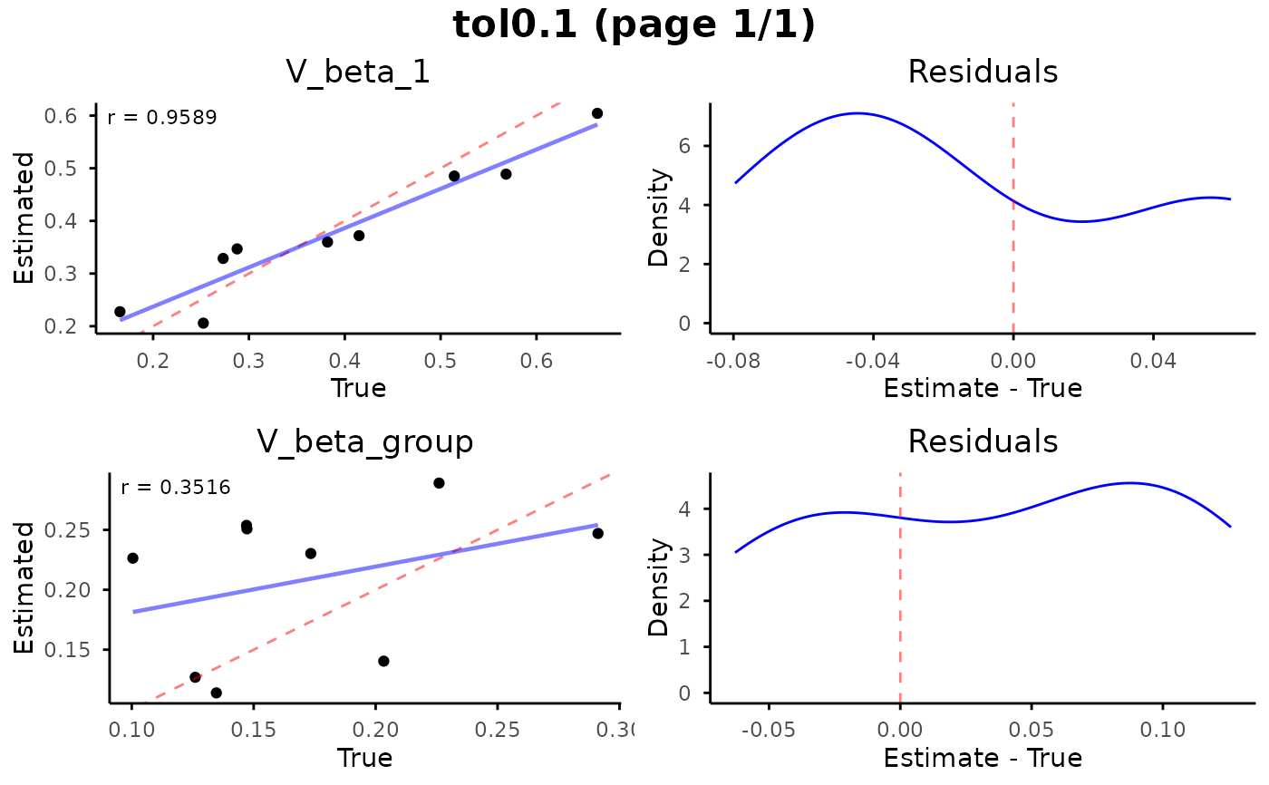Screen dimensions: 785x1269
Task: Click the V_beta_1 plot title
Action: pos(357,72)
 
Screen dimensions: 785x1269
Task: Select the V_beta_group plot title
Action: pos(365,441)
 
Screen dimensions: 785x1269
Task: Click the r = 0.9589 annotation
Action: pos(162,118)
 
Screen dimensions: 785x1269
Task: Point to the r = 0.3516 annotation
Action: pos(176,488)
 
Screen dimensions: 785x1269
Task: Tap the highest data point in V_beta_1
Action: pos(597,113)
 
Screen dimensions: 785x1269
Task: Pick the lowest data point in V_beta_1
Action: pos(203,324)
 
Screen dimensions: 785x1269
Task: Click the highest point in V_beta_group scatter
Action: pos(439,483)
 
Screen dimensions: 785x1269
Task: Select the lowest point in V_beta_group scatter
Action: pos(217,693)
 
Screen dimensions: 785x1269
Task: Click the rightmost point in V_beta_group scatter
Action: pos(597,533)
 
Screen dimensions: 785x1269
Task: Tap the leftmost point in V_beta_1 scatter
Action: pos(120,312)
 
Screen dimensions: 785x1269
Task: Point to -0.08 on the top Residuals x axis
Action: pos(734,364)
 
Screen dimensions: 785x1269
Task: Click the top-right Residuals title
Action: pos(983,72)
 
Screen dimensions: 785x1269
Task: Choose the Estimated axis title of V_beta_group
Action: pos(24,587)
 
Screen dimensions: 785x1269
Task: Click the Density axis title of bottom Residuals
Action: pos(659,587)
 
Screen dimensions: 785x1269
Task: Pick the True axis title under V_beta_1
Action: pos(358,389)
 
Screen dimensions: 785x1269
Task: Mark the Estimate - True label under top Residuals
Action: pos(983,389)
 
